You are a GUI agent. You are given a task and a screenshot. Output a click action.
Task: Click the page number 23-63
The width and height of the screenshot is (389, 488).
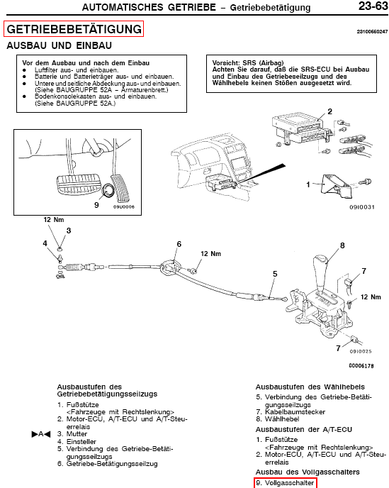(373, 6)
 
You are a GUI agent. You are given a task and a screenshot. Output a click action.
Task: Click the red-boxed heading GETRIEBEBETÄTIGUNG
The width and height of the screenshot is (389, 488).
(74, 29)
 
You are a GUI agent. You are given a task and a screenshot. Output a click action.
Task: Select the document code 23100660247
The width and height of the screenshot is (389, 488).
(372, 31)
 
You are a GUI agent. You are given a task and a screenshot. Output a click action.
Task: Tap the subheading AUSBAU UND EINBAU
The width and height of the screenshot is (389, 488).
(59, 45)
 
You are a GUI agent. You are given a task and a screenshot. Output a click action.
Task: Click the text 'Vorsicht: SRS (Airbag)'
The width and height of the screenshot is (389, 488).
(248, 62)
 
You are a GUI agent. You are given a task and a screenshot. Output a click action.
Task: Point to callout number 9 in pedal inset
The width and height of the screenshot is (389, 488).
(96, 204)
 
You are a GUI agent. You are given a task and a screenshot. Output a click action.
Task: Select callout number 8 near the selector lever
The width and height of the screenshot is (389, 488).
(342, 245)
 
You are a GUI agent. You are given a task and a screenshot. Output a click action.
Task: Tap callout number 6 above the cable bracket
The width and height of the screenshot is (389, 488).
(179, 244)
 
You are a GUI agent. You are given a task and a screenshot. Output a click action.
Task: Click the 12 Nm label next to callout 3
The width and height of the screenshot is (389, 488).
(54, 219)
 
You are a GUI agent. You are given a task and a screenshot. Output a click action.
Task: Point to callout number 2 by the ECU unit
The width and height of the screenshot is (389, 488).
(330, 111)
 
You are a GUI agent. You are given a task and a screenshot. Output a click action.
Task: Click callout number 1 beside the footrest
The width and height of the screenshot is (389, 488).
(308, 184)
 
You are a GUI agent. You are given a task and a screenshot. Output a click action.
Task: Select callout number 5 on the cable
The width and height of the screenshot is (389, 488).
(275, 274)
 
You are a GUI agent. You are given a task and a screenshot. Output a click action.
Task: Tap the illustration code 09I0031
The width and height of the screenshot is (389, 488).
(362, 207)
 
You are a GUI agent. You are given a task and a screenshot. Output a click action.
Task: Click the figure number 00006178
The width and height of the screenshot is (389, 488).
(361, 366)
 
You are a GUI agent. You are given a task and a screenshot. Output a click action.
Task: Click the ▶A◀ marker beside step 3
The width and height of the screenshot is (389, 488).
(40, 434)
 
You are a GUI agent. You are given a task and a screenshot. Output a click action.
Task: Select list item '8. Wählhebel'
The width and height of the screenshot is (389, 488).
(278, 419)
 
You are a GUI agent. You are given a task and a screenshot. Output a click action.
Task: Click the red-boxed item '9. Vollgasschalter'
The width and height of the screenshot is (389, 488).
(285, 483)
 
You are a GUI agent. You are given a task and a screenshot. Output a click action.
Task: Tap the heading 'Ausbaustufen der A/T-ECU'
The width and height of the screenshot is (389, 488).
(304, 430)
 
